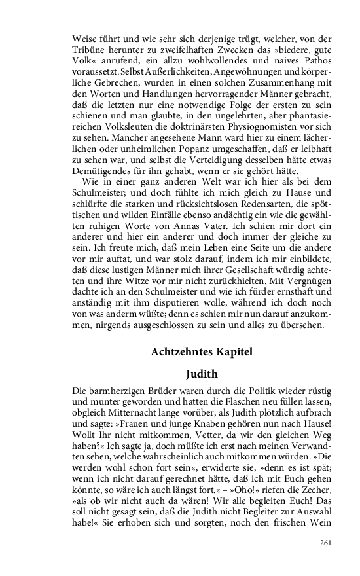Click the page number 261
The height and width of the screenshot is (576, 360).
[326, 543]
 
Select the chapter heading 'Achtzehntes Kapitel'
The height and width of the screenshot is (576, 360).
[202, 351]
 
